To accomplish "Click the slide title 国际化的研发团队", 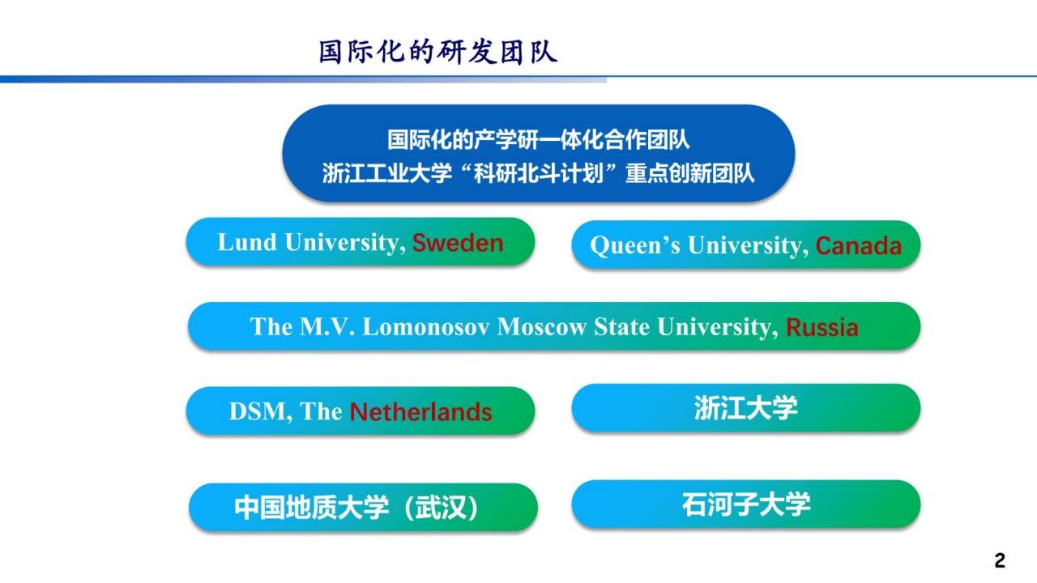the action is pyautogui.click(x=438, y=51).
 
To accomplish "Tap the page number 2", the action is pyautogui.click(x=1000, y=560).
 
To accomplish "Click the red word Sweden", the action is pyautogui.click(x=458, y=242).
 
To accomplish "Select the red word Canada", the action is pyautogui.click(x=858, y=245).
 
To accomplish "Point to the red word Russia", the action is pyautogui.click(x=822, y=327).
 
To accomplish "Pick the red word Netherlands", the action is pyautogui.click(x=420, y=412).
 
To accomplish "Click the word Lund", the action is pyautogui.click(x=247, y=242).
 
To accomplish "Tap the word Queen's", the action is pyautogui.click(x=635, y=245).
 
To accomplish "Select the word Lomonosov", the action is pyautogui.click(x=426, y=326).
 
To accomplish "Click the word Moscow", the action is pyautogui.click(x=542, y=326).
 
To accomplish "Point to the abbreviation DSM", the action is pyautogui.click(x=260, y=411).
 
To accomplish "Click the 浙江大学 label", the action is pyautogui.click(x=746, y=407).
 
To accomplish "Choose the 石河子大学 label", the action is pyautogui.click(x=746, y=504).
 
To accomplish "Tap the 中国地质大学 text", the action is pyautogui.click(x=311, y=508).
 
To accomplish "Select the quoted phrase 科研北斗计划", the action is pyautogui.click(x=539, y=173).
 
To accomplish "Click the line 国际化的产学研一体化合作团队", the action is pyautogui.click(x=539, y=139).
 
